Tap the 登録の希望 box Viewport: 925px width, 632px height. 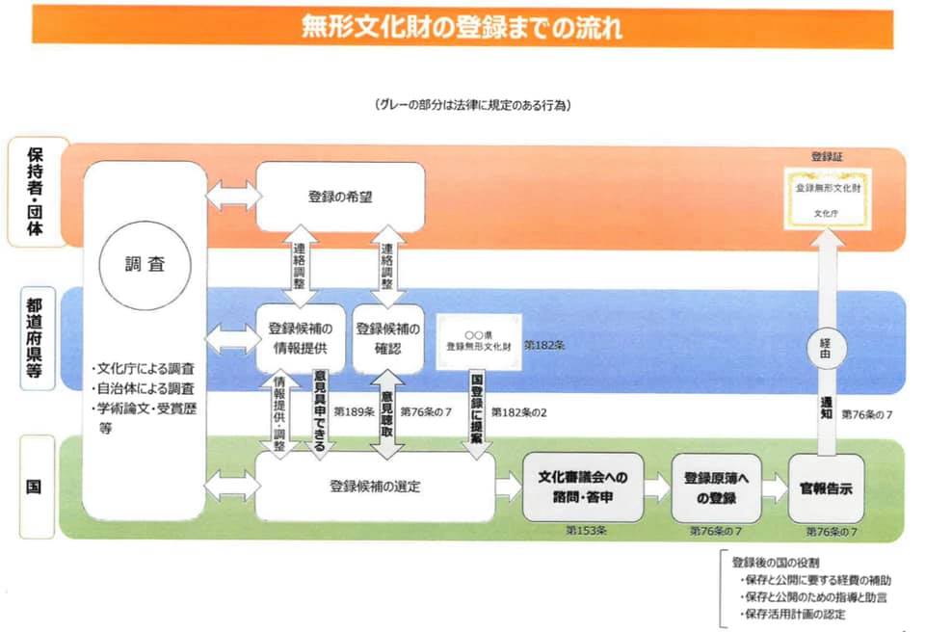click(340, 197)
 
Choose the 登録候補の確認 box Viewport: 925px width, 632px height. click(387, 336)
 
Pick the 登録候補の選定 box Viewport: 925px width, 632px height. click(375, 487)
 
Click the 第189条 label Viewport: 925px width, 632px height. click(352, 411)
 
